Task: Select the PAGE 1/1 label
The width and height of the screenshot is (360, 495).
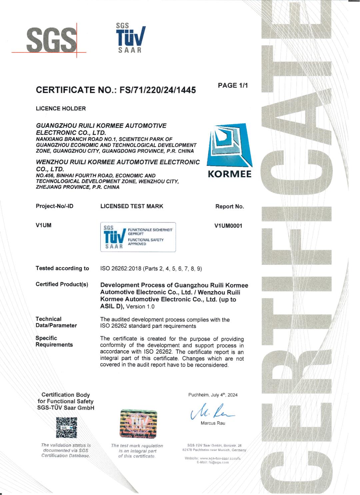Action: pos(233,85)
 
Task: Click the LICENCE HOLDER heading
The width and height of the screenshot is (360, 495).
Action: pos(61,108)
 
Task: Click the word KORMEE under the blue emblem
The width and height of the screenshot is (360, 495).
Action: pos(230,174)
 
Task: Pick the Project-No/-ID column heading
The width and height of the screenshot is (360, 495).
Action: pos(54,206)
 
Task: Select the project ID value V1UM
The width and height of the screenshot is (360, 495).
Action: pos(43,225)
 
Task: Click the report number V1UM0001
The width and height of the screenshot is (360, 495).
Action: pos(228,226)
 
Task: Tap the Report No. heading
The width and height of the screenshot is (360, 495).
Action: pos(229,206)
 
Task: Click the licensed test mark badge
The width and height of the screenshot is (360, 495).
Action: pos(138,237)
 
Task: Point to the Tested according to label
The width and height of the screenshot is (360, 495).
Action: pos(62,268)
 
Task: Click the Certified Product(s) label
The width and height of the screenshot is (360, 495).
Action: pos(62,284)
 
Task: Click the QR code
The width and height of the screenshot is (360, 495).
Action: pos(66,427)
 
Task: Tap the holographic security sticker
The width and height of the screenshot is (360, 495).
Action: pos(138,424)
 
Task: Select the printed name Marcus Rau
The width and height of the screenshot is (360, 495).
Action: pos(213,423)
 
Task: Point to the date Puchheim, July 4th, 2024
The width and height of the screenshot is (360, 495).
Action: pos(213,395)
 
